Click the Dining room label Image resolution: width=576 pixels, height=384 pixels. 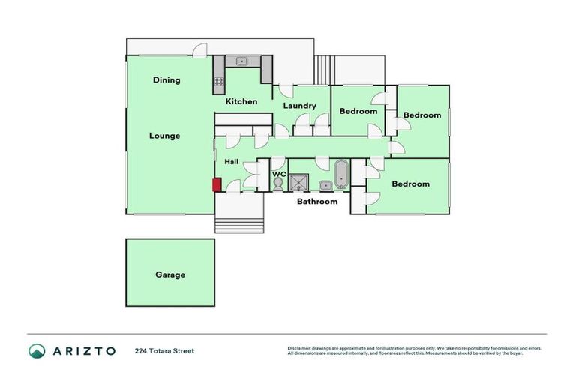(166, 80)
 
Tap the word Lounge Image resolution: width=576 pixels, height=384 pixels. (164, 136)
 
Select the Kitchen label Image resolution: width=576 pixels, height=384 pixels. (241, 101)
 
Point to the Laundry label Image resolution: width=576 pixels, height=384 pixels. (299, 106)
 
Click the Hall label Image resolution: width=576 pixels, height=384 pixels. (232, 161)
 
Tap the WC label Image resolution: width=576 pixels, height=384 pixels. (279, 174)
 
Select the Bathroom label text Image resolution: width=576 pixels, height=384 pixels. (317, 201)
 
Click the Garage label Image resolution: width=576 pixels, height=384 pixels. (170, 274)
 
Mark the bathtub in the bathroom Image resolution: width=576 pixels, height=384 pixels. (341, 175)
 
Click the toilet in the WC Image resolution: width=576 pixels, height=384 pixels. (278, 184)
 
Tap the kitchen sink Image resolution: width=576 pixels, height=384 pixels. (241, 61)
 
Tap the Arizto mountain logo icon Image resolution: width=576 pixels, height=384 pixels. (37, 350)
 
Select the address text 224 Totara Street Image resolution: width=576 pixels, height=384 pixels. (164, 350)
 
